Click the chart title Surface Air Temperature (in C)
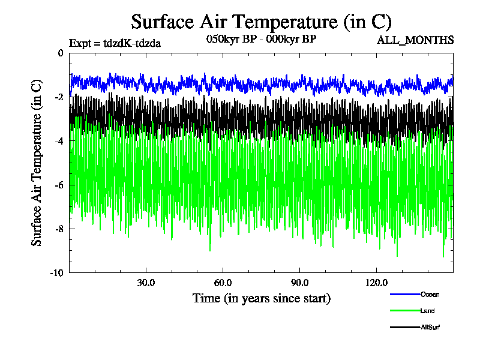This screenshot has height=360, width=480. [x=261, y=22]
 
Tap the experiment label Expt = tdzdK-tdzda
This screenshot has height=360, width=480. [x=115, y=43]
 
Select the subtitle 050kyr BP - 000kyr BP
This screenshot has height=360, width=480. [x=261, y=40]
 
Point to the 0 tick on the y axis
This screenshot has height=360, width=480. [x=61, y=53]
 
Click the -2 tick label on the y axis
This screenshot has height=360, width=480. [x=59, y=97]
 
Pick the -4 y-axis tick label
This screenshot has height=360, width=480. [x=59, y=140]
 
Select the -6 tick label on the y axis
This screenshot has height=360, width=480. [x=59, y=184]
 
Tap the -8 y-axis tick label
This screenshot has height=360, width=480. [x=59, y=228]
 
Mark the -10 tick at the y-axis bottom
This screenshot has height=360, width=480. [x=57, y=272]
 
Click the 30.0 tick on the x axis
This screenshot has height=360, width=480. [x=146, y=283]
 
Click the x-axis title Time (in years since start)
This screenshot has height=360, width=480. [x=261, y=298]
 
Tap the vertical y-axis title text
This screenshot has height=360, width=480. [x=37, y=163]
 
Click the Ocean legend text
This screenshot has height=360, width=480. [x=430, y=294]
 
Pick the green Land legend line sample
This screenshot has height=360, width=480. [x=404, y=311]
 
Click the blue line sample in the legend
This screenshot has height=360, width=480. [x=404, y=294]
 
